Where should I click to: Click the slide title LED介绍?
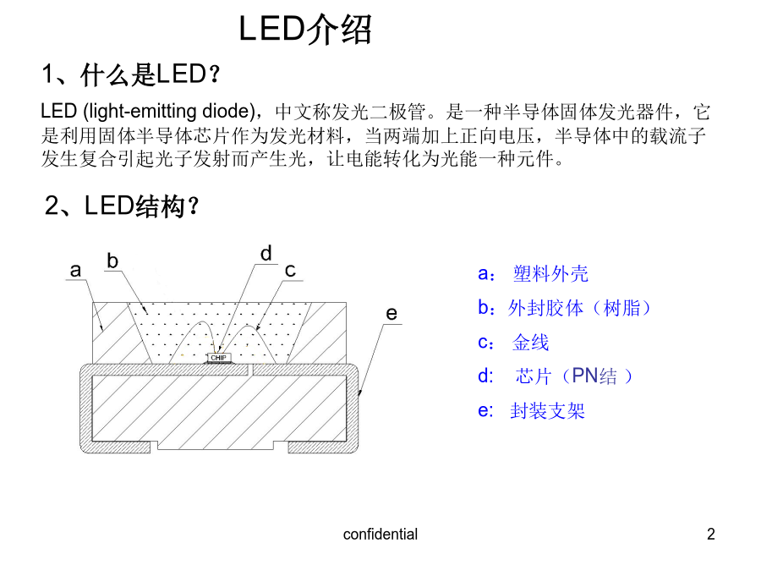point(305,30)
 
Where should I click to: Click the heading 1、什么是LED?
point(131,74)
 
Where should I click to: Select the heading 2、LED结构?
point(122,206)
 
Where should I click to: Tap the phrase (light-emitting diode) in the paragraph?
point(169,112)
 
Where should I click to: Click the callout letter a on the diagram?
point(75,270)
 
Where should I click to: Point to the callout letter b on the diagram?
point(112,261)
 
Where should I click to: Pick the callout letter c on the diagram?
point(290,271)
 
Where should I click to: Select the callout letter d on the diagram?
point(266,254)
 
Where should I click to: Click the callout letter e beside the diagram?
point(391,314)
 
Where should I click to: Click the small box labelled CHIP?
point(218,358)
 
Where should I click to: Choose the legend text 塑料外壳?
point(550,274)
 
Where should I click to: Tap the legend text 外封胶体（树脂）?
point(579,308)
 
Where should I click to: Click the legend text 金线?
point(530,343)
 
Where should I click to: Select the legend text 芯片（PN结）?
point(574,376)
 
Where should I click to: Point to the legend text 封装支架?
point(547,411)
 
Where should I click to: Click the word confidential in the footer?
point(380,534)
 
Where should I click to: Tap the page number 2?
point(711,534)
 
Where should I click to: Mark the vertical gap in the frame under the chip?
point(250,370)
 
